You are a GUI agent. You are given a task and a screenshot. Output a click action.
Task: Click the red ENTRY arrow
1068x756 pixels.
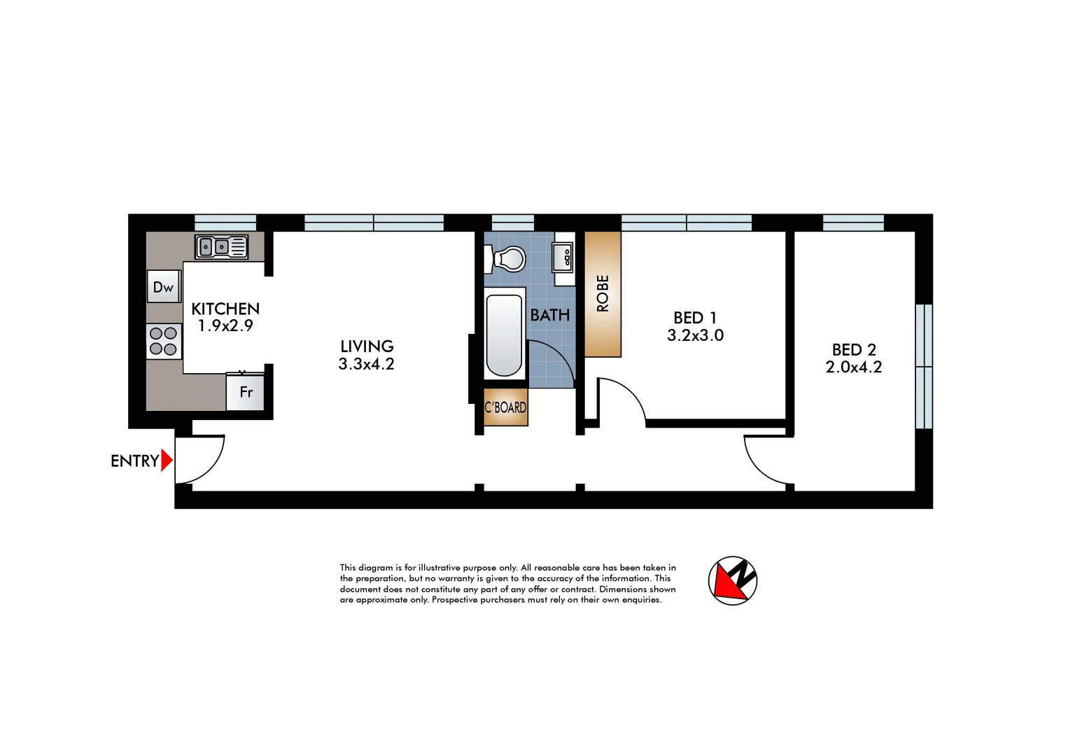coord(167,461)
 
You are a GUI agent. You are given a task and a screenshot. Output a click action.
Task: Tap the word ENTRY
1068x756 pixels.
coord(134,461)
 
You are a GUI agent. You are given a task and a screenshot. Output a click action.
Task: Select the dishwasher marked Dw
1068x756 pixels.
coord(164,287)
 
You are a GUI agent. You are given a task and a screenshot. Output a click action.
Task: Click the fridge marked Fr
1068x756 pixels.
coord(246,393)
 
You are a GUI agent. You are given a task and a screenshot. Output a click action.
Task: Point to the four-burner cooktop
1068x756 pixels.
coord(164,342)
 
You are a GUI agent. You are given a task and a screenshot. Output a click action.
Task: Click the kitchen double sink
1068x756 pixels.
coord(221,247)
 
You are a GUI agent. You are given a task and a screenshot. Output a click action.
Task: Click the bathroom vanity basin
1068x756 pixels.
coord(563,258)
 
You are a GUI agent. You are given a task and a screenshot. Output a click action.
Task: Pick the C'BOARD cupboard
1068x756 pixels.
coord(505,407)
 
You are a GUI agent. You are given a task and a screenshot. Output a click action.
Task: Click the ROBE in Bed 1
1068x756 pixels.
coord(603,294)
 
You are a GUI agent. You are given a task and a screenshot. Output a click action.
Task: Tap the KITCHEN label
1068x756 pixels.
coord(225,309)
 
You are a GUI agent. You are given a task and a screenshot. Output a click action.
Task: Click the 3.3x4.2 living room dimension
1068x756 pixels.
coord(366,364)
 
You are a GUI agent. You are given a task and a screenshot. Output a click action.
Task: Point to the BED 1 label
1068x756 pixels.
coord(695,318)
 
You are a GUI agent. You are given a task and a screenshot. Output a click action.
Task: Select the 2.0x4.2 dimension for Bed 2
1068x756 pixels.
coord(854,367)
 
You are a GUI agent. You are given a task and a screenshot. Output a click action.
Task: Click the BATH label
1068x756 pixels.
coord(550,316)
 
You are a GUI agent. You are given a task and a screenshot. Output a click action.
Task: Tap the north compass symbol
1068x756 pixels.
coord(733,580)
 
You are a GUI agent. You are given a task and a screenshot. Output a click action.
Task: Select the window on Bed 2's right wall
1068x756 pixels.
coord(924,366)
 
